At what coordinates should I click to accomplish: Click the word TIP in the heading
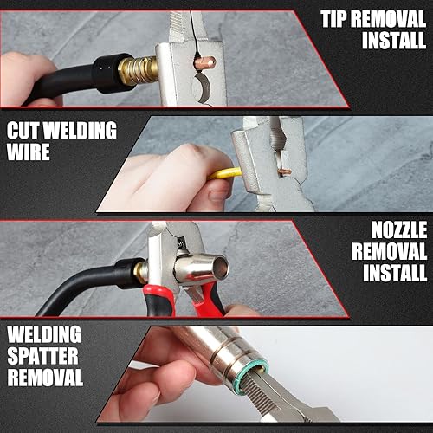(x=334, y=19)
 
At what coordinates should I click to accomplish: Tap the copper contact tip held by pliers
(x=205, y=62)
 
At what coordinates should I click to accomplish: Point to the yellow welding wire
(x=226, y=174)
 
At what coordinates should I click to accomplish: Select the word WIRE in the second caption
(x=29, y=152)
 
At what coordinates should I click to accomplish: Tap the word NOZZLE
(x=399, y=230)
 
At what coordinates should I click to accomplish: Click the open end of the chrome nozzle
(x=220, y=268)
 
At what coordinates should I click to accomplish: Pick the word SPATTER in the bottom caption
(x=42, y=356)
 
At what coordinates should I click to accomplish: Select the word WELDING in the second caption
(x=81, y=130)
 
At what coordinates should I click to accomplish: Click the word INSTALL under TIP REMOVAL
(x=394, y=40)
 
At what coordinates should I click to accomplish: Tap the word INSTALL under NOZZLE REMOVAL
(x=395, y=273)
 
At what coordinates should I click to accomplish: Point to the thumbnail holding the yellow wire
(x=218, y=195)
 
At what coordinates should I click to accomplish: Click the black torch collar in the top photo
(x=111, y=73)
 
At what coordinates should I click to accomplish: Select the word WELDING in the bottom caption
(x=44, y=334)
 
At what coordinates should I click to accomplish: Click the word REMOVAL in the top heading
(x=389, y=19)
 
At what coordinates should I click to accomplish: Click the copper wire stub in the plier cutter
(x=283, y=172)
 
